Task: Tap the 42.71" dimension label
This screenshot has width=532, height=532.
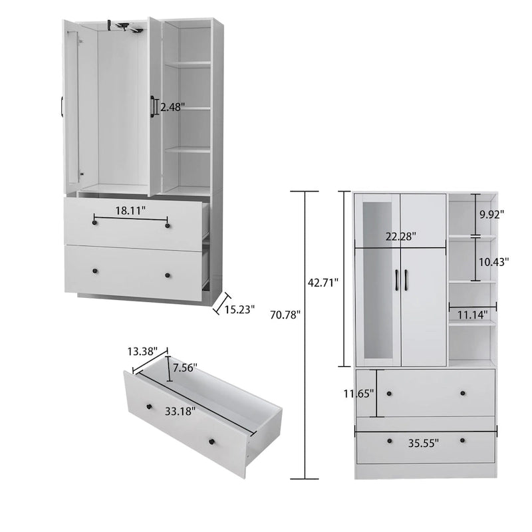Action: tap(323, 283)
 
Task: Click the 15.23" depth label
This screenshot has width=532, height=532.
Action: tap(239, 309)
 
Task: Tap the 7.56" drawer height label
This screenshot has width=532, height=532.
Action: tap(184, 368)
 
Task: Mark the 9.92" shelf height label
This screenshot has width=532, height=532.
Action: tap(491, 214)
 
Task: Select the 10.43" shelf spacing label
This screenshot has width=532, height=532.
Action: tap(493, 262)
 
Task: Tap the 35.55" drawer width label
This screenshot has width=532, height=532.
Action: tap(424, 442)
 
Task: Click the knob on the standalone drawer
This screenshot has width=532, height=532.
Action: tap(212, 443)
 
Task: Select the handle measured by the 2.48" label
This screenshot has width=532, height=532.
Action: tap(154, 106)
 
